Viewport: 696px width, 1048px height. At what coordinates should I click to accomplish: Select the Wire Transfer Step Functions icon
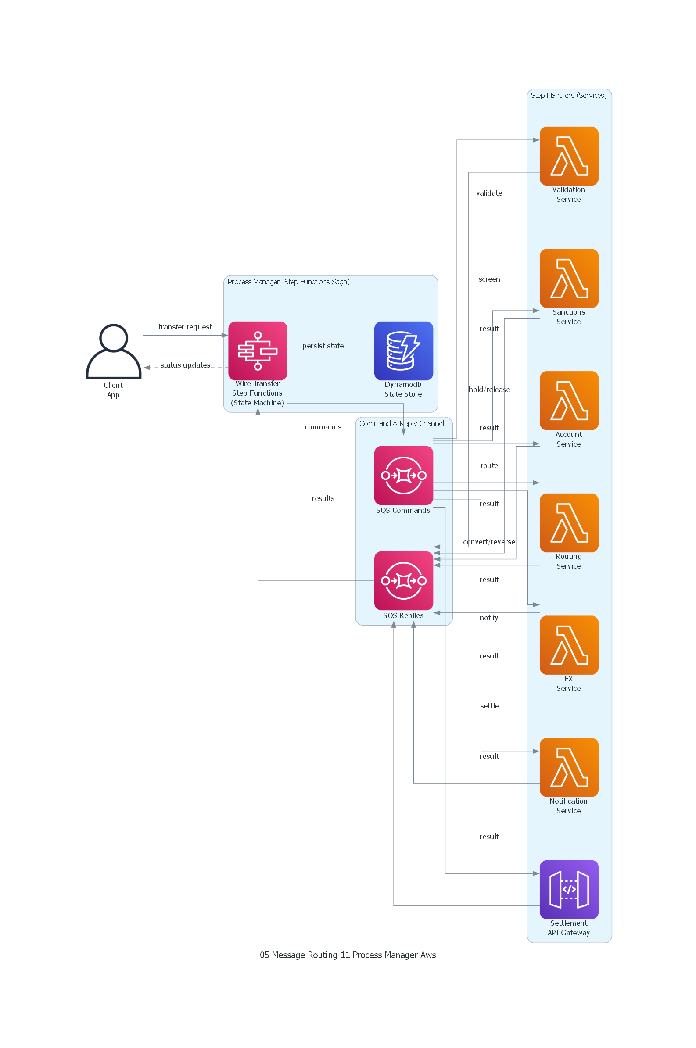[258, 351]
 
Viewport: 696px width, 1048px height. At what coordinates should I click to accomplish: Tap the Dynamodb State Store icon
[403, 351]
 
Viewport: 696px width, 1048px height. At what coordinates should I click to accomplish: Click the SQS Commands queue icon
[403, 475]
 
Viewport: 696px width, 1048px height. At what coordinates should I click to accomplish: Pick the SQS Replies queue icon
[403, 580]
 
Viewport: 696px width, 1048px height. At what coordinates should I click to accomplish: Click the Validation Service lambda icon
[569, 156]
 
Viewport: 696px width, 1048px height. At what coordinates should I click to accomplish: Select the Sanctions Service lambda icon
[569, 278]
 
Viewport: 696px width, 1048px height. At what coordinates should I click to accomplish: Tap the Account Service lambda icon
[569, 400]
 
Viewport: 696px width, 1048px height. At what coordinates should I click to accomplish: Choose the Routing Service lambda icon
[569, 522]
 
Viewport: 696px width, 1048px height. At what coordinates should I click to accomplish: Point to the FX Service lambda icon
[569, 645]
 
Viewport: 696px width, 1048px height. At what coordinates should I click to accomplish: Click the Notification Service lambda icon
[569, 767]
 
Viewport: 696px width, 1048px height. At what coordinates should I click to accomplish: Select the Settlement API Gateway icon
[569, 889]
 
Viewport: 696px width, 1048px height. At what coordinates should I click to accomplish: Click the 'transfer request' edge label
[186, 327]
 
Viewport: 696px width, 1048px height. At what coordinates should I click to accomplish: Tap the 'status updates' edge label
[185, 365]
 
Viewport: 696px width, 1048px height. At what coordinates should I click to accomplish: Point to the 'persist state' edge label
[323, 346]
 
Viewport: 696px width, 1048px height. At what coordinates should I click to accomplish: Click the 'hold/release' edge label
[489, 390]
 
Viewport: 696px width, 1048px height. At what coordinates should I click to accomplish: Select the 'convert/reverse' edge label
[489, 542]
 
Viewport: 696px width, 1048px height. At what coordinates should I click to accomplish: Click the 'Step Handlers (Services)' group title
[569, 95]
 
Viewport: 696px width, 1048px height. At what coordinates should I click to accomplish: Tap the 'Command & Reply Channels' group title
[403, 423]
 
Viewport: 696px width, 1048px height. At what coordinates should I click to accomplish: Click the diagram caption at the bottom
[348, 955]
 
